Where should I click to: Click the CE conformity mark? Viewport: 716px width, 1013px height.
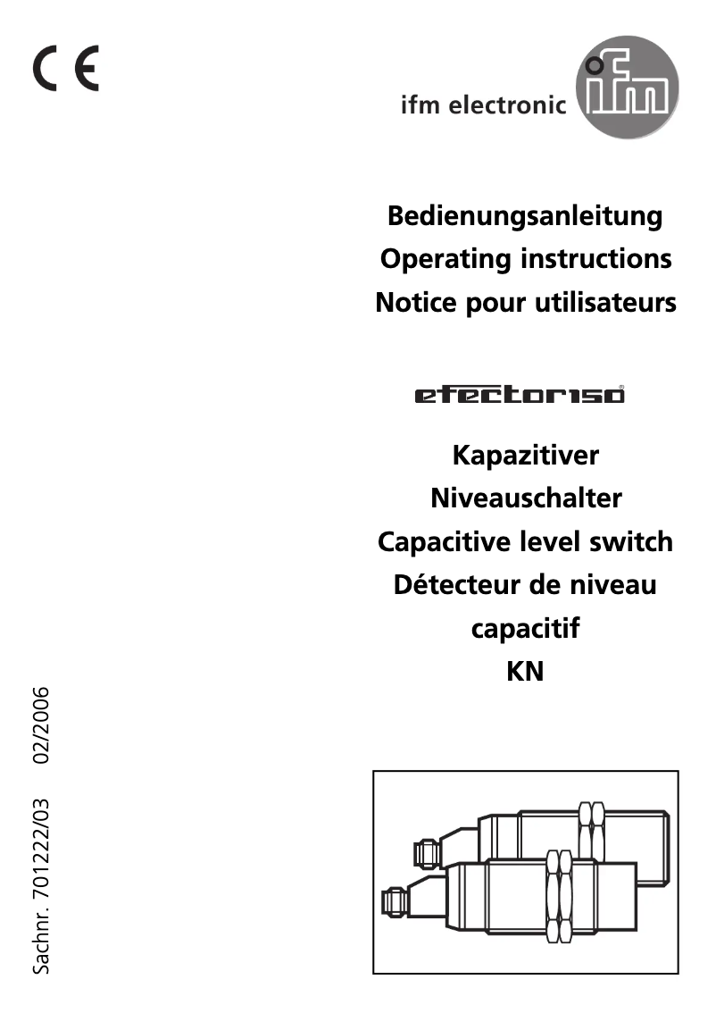coord(67,69)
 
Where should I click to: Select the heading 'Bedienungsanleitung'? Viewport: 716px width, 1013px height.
coord(524,215)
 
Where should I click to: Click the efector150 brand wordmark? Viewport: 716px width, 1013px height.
coord(520,395)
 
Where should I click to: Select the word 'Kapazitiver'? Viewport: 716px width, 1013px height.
coord(526,455)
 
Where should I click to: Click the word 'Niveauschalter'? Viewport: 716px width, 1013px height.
coord(526,498)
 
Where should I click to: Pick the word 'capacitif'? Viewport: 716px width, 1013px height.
coord(525,629)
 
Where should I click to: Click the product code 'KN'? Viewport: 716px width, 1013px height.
coord(525,672)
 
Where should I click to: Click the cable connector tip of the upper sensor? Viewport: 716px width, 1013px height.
coord(424,851)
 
